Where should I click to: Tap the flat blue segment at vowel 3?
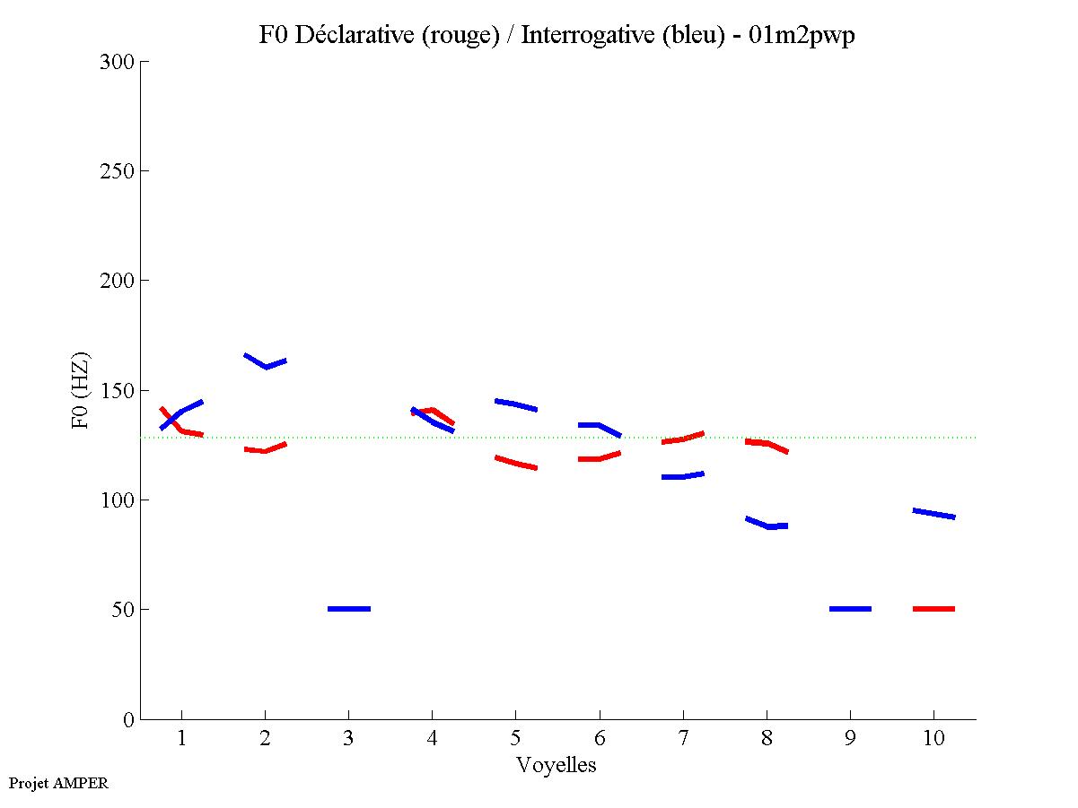[x=349, y=609]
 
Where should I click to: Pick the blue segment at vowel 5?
[x=515, y=404]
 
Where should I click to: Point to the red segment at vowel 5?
[x=515, y=463]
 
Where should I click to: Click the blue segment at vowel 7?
[x=682, y=475]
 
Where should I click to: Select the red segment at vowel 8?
[x=766, y=444]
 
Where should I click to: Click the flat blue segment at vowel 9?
[x=850, y=609]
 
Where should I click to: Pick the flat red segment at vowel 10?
[x=933, y=609]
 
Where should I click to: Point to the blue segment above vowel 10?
[x=933, y=514]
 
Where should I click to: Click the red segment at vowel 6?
[x=599, y=457]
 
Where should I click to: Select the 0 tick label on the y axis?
[x=128, y=719]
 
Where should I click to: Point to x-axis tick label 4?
[x=433, y=739]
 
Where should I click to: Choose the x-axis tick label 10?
[x=933, y=739]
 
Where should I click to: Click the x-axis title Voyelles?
[x=557, y=765]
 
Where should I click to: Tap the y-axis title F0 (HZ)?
[x=81, y=390]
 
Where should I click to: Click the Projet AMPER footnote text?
[x=58, y=783]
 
